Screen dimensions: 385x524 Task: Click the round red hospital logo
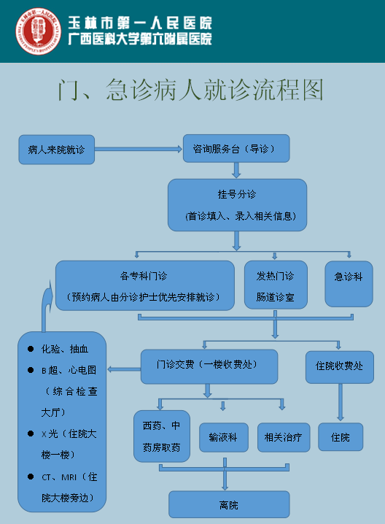(x=39, y=31)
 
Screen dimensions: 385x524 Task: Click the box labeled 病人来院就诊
(x=56, y=150)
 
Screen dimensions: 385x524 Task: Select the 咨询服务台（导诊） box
(x=236, y=148)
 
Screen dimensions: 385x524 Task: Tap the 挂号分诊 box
(x=237, y=205)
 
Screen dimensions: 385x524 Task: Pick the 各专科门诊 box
(x=145, y=285)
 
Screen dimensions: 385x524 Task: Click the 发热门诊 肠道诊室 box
(x=276, y=285)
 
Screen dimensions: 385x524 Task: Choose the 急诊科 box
(x=349, y=284)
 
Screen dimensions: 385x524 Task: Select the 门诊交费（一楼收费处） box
(x=209, y=366)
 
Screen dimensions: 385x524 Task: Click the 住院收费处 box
(x=340, y=367)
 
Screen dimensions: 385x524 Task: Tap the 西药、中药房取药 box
(x=162, y=436)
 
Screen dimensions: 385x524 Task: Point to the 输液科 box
(x=224, y=437)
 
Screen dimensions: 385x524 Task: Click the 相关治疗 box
(x=284, y=437)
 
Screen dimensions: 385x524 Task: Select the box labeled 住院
(x=341, y=436)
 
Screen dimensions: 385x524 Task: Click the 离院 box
(x=229, y=504)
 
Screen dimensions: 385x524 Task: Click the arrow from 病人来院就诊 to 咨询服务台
(x=139, y=149)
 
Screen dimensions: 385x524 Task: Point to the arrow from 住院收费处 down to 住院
(x=341, y=402)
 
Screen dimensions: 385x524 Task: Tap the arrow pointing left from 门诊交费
(x=124, y=369)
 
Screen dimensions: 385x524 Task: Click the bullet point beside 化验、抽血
(x=31, y=349)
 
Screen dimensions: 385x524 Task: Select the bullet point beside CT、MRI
(x=31, y=477)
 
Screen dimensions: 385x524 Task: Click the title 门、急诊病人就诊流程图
(x=190, y=90)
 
